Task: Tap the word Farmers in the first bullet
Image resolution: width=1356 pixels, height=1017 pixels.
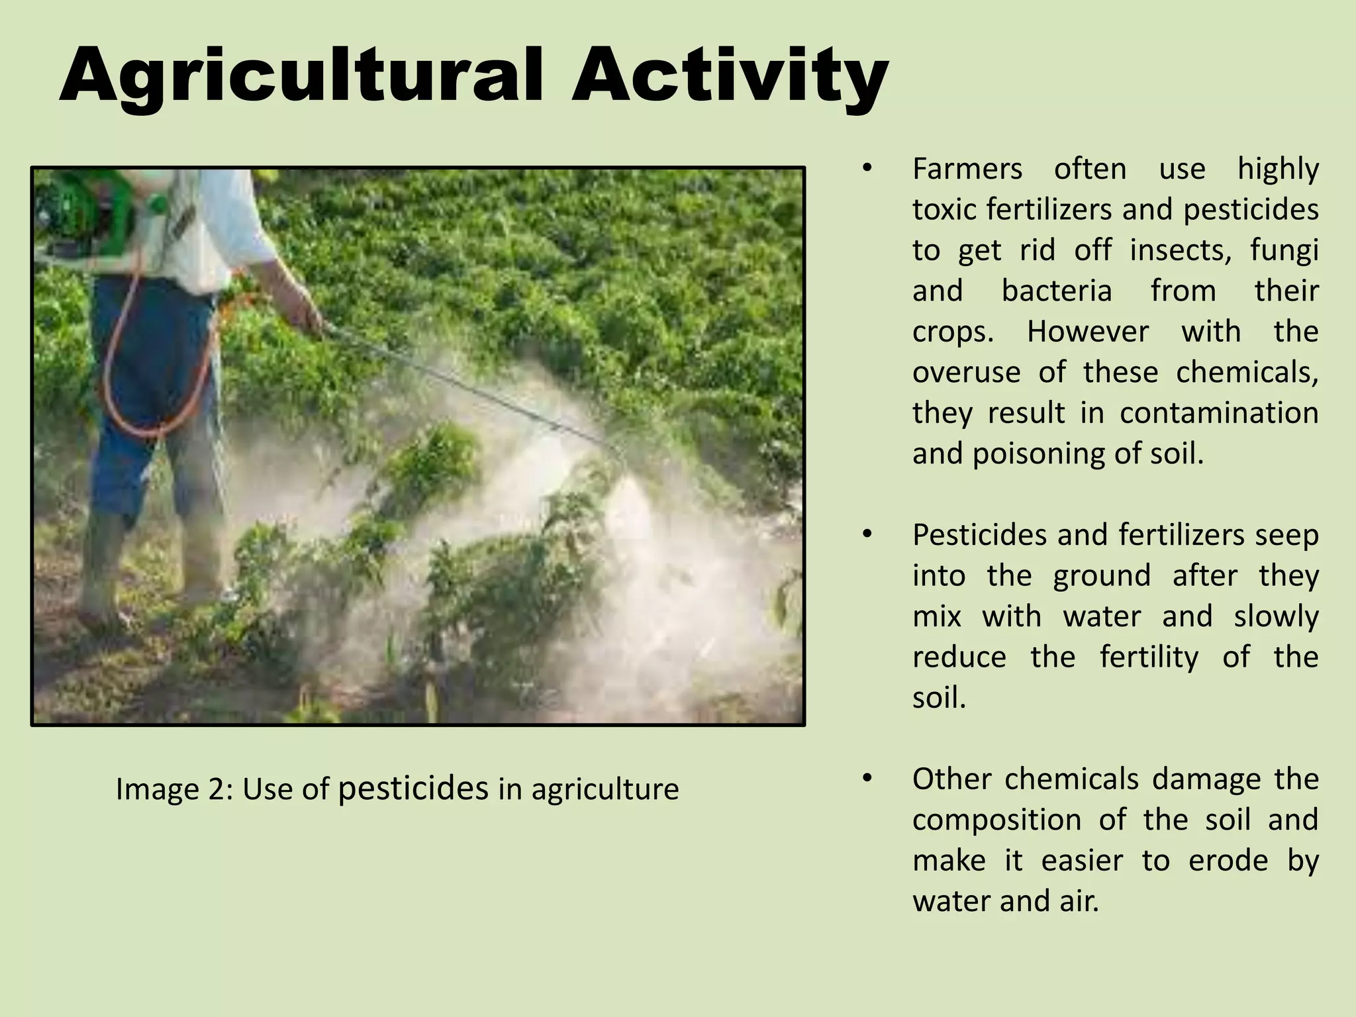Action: click(x=967, y=169)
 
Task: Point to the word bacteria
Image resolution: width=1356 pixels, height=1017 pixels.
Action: click(x=1056, y=291)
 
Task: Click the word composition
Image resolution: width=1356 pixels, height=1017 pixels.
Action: click(x=996, y=820)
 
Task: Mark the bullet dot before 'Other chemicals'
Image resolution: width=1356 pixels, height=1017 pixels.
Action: click(x=867, y=778)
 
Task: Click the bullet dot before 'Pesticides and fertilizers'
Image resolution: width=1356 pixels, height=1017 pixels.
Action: click(x=867, y=534)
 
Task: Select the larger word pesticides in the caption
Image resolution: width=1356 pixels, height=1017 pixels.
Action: click(x=413, y=788)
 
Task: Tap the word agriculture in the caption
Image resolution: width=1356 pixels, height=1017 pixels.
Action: click(x=605, y=789)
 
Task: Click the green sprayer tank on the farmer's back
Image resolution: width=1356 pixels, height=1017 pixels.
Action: click(x=86, y=205)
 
